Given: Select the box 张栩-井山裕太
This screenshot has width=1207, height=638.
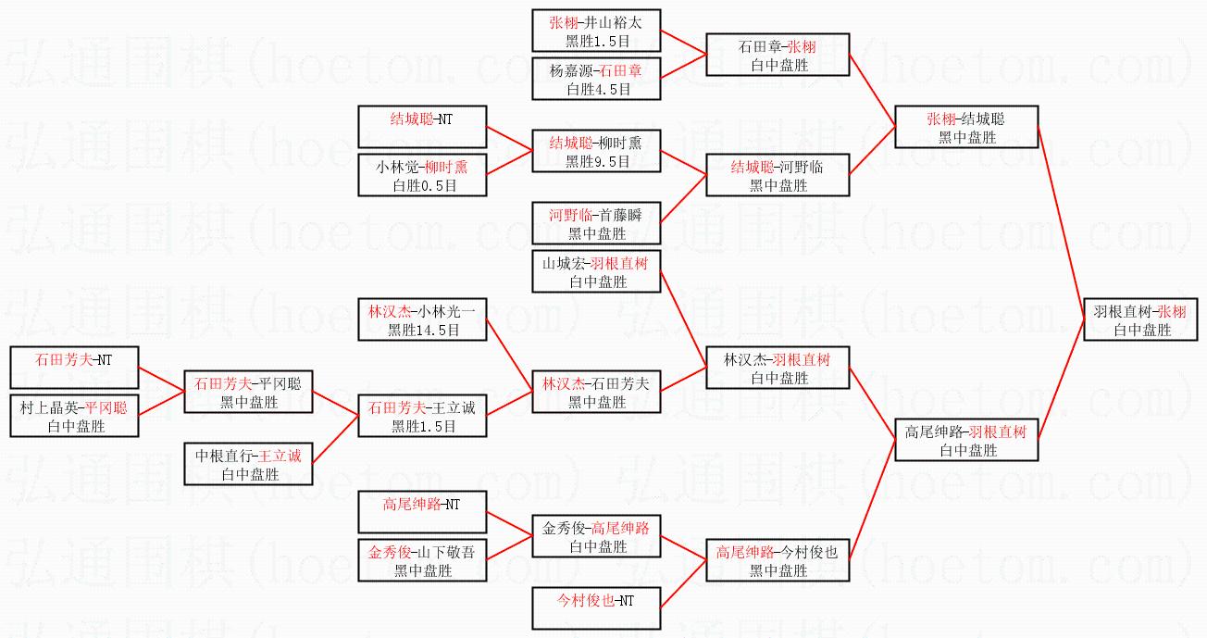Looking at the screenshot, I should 596,31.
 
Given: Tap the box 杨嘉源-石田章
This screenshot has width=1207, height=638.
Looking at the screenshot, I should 596,79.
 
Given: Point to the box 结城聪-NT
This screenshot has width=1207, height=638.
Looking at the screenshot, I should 422,127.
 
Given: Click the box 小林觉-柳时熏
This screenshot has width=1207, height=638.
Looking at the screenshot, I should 422,175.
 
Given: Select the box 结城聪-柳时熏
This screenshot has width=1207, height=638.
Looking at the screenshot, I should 596,151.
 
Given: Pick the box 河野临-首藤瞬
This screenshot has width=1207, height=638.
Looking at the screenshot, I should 596,223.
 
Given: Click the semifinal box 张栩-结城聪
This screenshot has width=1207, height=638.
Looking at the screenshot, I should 966,127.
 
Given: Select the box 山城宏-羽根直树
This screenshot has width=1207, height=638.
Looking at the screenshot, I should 596,271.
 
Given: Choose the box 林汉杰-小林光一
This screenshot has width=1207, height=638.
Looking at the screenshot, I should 422,319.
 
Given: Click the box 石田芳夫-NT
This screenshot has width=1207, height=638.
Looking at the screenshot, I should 74,368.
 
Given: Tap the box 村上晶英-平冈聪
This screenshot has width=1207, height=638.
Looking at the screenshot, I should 74,416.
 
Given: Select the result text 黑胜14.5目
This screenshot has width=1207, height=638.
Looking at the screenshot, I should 422,330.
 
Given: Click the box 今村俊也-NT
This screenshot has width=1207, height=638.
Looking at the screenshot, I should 596,608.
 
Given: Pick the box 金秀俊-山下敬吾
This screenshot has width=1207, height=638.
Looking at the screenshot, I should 422,560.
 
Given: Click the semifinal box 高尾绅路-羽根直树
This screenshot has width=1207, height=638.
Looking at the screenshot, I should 966,440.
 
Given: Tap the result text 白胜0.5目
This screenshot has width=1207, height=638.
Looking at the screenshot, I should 422,185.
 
